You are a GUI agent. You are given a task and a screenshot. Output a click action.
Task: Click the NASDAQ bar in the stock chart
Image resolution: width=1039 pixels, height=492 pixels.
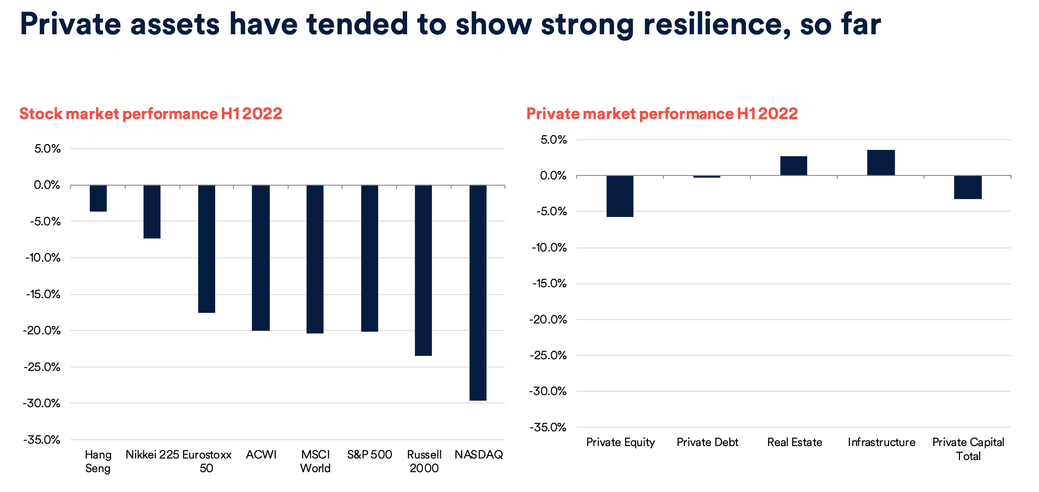478,293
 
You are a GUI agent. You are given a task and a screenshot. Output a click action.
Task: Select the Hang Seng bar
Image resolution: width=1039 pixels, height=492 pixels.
98,198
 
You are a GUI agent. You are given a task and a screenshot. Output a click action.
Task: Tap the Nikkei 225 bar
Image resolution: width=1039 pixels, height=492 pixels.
152,211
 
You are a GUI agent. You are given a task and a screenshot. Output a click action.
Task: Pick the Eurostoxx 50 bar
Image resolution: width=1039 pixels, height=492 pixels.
207,249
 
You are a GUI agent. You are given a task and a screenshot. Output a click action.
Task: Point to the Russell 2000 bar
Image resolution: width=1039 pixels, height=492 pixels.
423,270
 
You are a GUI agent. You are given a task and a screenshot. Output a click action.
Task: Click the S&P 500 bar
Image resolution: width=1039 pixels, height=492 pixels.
369,258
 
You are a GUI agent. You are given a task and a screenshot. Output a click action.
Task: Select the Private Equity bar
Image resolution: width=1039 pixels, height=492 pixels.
620,196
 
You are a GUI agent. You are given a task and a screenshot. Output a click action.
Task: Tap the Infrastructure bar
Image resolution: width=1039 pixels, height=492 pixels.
881,163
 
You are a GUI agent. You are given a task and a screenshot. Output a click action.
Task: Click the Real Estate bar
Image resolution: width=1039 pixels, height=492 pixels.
793,165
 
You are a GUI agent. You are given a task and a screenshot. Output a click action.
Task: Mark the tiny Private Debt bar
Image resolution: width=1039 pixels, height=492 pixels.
707,177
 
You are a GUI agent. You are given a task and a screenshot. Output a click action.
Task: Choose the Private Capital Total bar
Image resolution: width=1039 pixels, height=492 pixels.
968,187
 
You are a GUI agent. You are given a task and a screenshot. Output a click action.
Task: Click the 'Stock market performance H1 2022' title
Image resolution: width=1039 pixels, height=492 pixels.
151,114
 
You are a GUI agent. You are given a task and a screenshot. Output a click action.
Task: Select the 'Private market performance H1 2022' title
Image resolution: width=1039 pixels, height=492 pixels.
662,114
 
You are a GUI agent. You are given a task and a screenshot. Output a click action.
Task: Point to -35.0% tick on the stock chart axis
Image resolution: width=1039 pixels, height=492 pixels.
42,439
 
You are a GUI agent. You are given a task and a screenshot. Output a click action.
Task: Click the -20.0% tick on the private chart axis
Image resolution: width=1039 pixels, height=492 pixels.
548,320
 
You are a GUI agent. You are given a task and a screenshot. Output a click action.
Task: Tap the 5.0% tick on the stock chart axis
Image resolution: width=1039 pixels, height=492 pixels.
47,149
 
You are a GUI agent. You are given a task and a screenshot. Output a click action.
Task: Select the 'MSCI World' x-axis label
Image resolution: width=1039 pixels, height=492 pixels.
316,461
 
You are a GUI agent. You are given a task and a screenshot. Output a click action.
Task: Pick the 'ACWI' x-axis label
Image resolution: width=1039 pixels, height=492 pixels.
261,455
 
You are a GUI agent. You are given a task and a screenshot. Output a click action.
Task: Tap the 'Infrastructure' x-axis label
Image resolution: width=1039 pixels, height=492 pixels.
881,442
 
